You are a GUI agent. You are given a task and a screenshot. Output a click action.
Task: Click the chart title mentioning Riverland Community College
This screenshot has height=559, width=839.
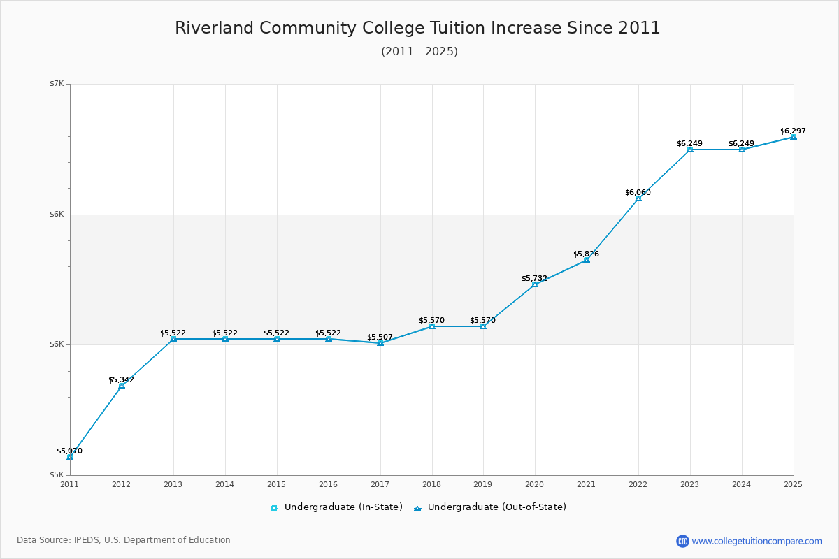point(417,28)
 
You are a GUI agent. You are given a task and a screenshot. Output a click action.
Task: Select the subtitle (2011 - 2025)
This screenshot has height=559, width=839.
point(419,52)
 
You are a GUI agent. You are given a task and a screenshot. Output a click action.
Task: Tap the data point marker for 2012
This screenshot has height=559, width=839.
point(122,386)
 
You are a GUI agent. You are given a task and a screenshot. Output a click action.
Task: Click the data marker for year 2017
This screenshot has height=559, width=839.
point(380,343)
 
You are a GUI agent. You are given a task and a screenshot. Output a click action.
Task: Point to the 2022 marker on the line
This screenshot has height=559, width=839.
point(638,198)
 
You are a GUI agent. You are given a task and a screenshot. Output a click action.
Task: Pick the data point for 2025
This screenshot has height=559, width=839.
point(793,137)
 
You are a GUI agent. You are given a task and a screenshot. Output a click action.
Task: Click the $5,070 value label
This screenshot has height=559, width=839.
point(69,451)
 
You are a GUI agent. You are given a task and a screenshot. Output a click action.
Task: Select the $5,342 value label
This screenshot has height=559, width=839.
point(121,380)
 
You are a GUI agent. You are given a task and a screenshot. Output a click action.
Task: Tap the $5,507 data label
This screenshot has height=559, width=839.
point(380,337)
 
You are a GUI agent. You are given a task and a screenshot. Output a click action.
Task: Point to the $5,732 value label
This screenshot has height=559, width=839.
point(534,279)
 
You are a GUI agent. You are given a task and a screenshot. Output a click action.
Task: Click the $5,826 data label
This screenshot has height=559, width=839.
point(586,254)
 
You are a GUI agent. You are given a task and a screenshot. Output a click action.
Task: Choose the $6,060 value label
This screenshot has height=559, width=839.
point(638,193)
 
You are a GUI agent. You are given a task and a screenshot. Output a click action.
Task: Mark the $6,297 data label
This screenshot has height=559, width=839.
point(793,131)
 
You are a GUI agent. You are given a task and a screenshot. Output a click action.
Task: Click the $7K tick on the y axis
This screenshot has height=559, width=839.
point(56,84)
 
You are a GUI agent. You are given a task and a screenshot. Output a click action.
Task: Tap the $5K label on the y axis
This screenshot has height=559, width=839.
point(56,474)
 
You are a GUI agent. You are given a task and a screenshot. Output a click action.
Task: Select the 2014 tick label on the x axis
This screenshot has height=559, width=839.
point(224,484)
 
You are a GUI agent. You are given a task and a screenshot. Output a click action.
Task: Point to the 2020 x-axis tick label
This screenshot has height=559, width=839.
point(534,484)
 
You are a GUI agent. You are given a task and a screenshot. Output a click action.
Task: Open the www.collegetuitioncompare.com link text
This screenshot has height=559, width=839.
point(756,541)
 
